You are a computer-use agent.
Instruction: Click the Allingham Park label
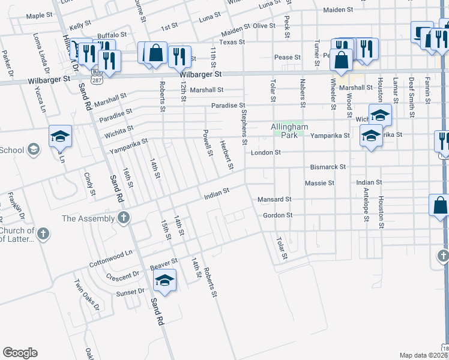[289, 131]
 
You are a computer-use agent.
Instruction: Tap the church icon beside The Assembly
[124, 217]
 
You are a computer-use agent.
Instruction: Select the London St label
[266, 152]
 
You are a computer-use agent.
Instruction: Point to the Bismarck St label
[328, 167]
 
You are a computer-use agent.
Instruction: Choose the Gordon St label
[277, 215]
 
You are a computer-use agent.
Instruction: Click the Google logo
[20, 353]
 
